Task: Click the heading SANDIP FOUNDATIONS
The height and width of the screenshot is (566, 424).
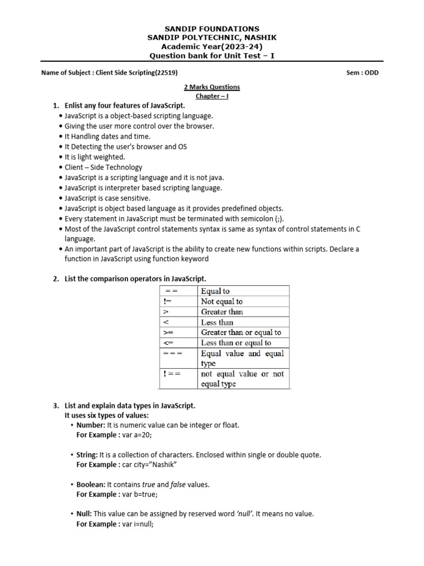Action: point(212,29)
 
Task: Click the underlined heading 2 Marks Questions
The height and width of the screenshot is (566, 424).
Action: point(212,87)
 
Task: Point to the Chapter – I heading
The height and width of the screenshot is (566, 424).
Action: point(212,96)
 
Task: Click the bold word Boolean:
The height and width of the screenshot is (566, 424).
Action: point(91,485)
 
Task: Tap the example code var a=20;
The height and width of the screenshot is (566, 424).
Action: point(137,435)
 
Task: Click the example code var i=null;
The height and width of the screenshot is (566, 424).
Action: point(138,524)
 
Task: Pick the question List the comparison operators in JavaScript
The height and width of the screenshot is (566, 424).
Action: point(135,279)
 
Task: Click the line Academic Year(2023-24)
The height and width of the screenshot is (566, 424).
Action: point(212,46)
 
